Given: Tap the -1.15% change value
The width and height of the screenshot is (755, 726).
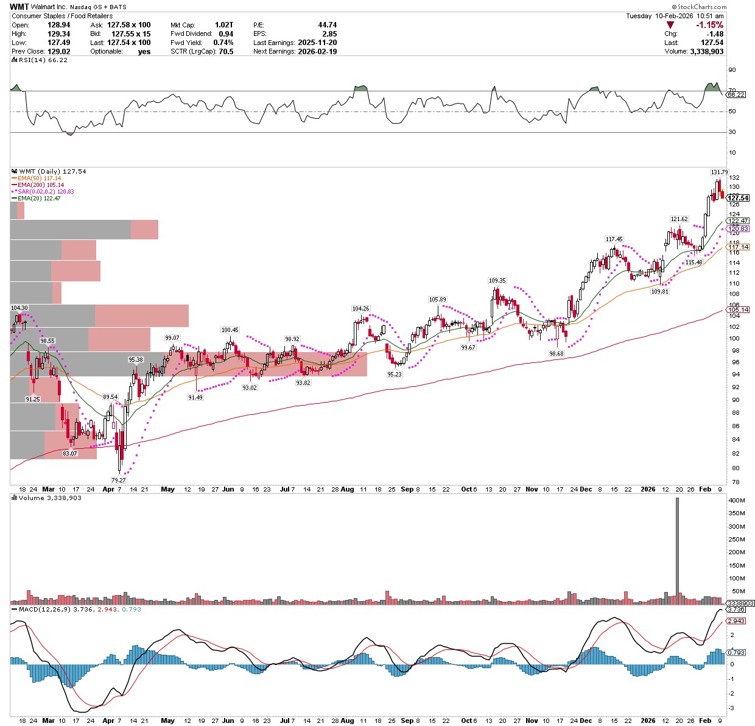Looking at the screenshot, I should (710, 25).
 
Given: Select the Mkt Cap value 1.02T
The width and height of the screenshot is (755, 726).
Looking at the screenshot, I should (223, 25).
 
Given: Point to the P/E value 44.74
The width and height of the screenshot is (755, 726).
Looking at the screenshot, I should (327, 25).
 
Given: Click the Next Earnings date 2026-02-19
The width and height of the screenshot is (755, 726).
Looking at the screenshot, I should (317, 51).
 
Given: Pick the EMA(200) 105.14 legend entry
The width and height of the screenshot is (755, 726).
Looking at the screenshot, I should (42, 185).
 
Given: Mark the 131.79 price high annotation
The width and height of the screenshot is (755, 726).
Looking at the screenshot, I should (719, 172).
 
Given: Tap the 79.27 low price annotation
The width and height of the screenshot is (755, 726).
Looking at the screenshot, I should (118, 480).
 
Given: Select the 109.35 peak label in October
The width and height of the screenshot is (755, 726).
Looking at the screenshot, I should (497, 281).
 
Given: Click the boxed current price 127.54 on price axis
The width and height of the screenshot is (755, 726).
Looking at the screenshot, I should (738, 198).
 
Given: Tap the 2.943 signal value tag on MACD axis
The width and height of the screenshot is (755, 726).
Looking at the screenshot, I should (736, 621).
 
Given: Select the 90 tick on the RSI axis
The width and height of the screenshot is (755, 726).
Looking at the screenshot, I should (732, 71).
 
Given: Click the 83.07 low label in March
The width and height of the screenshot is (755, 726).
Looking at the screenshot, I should (70, 453).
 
